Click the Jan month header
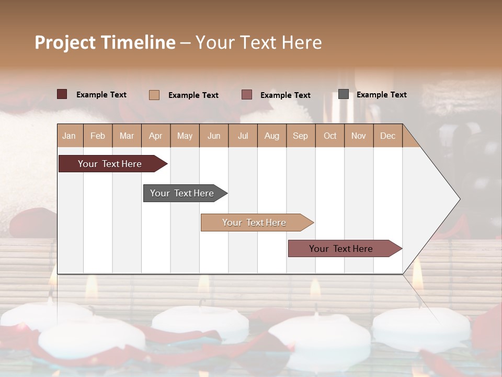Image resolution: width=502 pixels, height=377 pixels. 69,136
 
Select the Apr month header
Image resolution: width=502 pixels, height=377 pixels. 156,136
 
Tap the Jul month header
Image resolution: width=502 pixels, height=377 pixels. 243,136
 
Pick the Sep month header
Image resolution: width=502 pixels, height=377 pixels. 300,136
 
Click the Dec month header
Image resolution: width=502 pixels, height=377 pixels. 387,136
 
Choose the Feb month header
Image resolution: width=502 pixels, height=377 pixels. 98,136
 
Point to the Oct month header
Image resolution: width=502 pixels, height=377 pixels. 330,136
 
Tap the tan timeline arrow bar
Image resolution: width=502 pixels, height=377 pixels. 255,223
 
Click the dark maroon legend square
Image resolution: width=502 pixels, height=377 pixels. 62,94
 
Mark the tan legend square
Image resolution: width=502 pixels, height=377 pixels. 154,95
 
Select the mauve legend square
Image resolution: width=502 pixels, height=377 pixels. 247,95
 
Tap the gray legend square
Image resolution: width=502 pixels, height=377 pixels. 344,94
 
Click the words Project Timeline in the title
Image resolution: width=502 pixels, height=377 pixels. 105,42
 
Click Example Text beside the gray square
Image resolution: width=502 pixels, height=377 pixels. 381,95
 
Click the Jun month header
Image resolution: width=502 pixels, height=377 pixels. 214,136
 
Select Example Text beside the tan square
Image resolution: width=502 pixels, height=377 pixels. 193,95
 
